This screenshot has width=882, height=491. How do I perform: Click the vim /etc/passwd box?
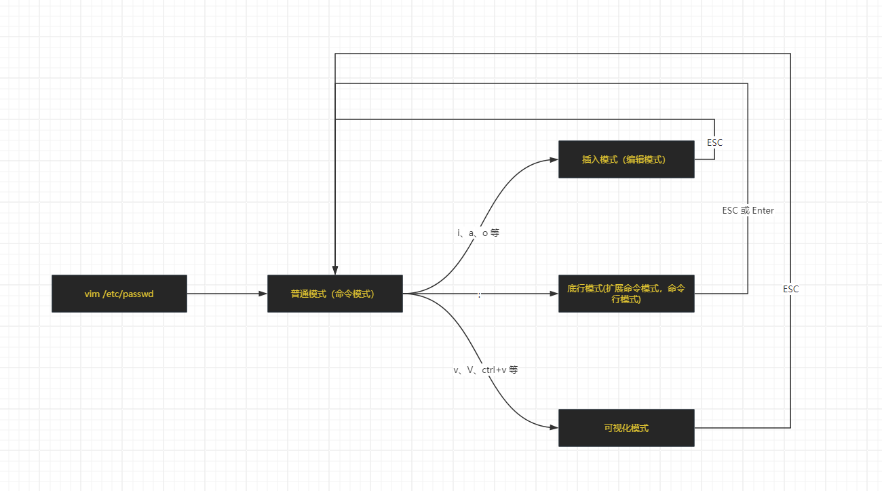tap(119, 294)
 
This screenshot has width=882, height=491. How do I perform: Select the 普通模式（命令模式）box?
tap(335, 294)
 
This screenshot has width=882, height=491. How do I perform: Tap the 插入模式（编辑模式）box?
tap(626, 159)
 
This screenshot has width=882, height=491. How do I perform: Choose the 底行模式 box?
tap(626, 294)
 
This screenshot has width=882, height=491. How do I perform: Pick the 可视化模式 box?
tap(626, 428)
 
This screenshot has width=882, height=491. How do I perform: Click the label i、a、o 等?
tap(478, 233)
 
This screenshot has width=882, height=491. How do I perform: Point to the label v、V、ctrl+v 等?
tap(486, 370)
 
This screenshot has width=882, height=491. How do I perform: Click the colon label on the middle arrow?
tap(480, 294)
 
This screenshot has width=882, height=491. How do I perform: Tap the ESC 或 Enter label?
tap(748, 210)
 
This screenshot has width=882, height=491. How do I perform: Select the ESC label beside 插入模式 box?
tap(715, 142)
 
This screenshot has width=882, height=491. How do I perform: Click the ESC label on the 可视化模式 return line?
tap(791, 289)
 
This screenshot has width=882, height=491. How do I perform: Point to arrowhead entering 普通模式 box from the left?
tap(263, 294)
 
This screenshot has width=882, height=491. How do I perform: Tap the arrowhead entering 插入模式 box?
tap(554, 160)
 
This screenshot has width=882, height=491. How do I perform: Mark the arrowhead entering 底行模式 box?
tap(554, 294)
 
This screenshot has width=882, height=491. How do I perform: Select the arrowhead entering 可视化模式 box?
tap(554, 428)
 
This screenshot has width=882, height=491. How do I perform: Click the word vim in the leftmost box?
tap(92, 294)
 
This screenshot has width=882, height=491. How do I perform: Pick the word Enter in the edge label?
tap(763, 210)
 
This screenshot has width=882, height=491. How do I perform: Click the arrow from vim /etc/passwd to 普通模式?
tap(224, 294)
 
